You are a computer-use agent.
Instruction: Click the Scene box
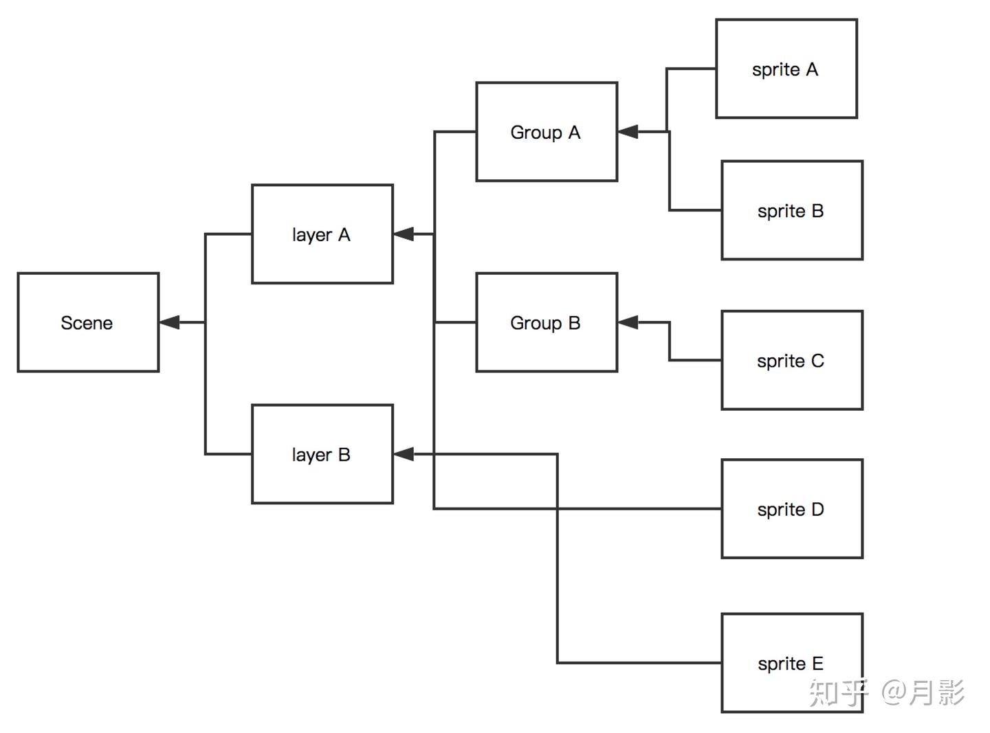coord(88,322)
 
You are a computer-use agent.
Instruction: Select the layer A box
coord(322,234)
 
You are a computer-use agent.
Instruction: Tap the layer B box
coord(322,454)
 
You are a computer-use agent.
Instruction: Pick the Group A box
coord(547,132)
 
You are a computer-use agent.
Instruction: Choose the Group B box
coord(547,322)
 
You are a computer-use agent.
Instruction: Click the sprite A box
coord(786,69)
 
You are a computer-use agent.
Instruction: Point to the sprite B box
coord(791,210)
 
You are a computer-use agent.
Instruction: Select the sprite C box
coord(791,360)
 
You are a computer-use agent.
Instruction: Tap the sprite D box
coord(791,509)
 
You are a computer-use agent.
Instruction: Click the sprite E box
coord(791,663)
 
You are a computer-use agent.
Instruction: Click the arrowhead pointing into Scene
coord(169,322)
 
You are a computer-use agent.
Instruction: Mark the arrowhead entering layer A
coord(404,234)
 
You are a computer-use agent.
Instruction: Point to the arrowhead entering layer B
coord(404,454)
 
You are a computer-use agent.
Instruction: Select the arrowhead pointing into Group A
coord(628,132)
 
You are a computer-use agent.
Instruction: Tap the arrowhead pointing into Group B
coord(628,322)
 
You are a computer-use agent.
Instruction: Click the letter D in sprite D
coord(817,510)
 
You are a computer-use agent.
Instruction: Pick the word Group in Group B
coord(536,323)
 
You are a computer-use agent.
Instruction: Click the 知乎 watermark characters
coord(838,692)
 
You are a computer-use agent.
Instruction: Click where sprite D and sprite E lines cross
coord(557,509)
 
